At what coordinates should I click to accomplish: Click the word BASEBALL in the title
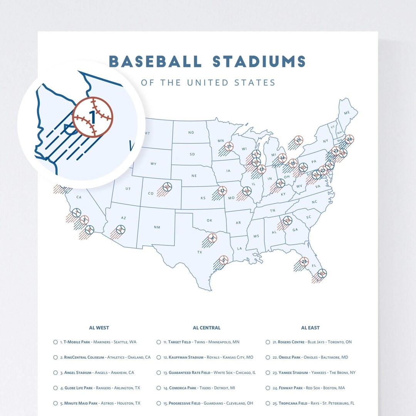pyautogui.click(x=155, y=61)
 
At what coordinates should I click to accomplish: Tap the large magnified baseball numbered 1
pyautogui.click(x=93, y=117)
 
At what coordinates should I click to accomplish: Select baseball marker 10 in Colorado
pyautogui.click(x=167, y=187)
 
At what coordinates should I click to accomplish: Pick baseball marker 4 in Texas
pyautogui.click(x=212, y=238)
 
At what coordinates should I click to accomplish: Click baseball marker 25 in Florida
pyautogui.click(x=304, y=262)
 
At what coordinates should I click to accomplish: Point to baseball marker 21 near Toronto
pyautogui.click(x=298, y=140)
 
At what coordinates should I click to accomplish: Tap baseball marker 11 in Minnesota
pyautogui.click(x=230, y=146)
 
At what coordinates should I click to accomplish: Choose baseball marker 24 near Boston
pyautogui.click(x=349, y=139)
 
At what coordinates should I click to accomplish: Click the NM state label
pyautogui.click(x=157, y=227)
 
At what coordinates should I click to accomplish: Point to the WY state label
pyautogui.click(x=153, y=164)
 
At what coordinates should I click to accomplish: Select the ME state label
pyautogui.click(x=347, y=113)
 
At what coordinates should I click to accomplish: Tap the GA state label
pyautogui.click(x=295, y=230)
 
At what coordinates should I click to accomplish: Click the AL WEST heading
pyautogui.click(x=99, y=328)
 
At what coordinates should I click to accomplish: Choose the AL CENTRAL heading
pyautogui.click(x=206, y=328)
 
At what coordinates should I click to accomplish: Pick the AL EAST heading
pyautogui.click(x=310, y=328)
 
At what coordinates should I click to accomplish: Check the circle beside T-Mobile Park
pyautogui.click(x=55, y=342)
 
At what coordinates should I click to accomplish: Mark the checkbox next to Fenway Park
pyautogui.click(x=268, y=388)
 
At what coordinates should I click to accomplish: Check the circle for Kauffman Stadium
pyautogui.click(x=159, y=357)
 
